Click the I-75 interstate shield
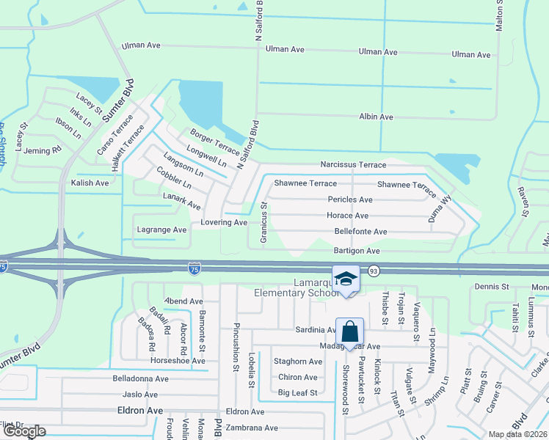point(194,269)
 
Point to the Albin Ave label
point(377,117)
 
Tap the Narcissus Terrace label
point(352,165)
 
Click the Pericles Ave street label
point(350,199)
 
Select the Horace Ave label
point(347,216)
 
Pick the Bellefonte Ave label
point(360,232)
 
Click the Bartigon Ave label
point(357,251)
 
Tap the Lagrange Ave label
point(161,230)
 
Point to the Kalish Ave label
point(90,183)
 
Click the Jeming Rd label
point(43,150)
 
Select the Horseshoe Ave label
point(178,361)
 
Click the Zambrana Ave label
point(252,428)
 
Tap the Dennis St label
point(491,286)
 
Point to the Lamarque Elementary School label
point(297,288)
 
